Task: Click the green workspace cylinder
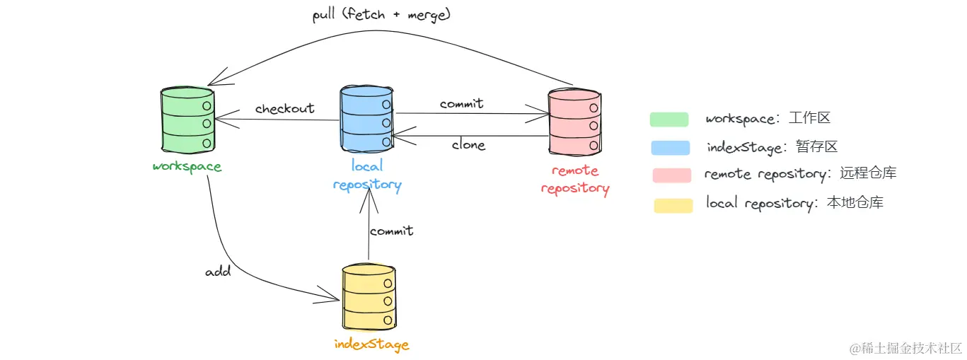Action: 187,120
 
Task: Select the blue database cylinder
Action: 367,119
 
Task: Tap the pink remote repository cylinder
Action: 574,122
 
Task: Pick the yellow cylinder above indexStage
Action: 369,298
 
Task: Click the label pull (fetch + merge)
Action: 381,14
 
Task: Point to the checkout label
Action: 284,108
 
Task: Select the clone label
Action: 468,144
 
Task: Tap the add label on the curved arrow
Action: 218,272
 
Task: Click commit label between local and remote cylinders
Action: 461,103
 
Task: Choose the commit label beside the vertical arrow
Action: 392,231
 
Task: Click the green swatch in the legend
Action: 669,119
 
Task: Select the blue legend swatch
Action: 671,148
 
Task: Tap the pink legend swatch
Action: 672,175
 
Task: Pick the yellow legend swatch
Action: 673,206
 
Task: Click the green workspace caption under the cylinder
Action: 187,167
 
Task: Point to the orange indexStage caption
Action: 371,344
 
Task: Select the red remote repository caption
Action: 575,180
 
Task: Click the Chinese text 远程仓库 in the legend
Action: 868,173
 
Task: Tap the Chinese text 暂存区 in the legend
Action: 817,146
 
